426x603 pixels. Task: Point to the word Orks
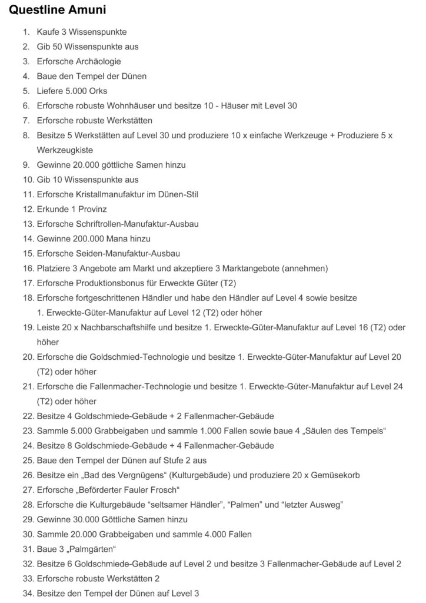coord(96,91)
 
